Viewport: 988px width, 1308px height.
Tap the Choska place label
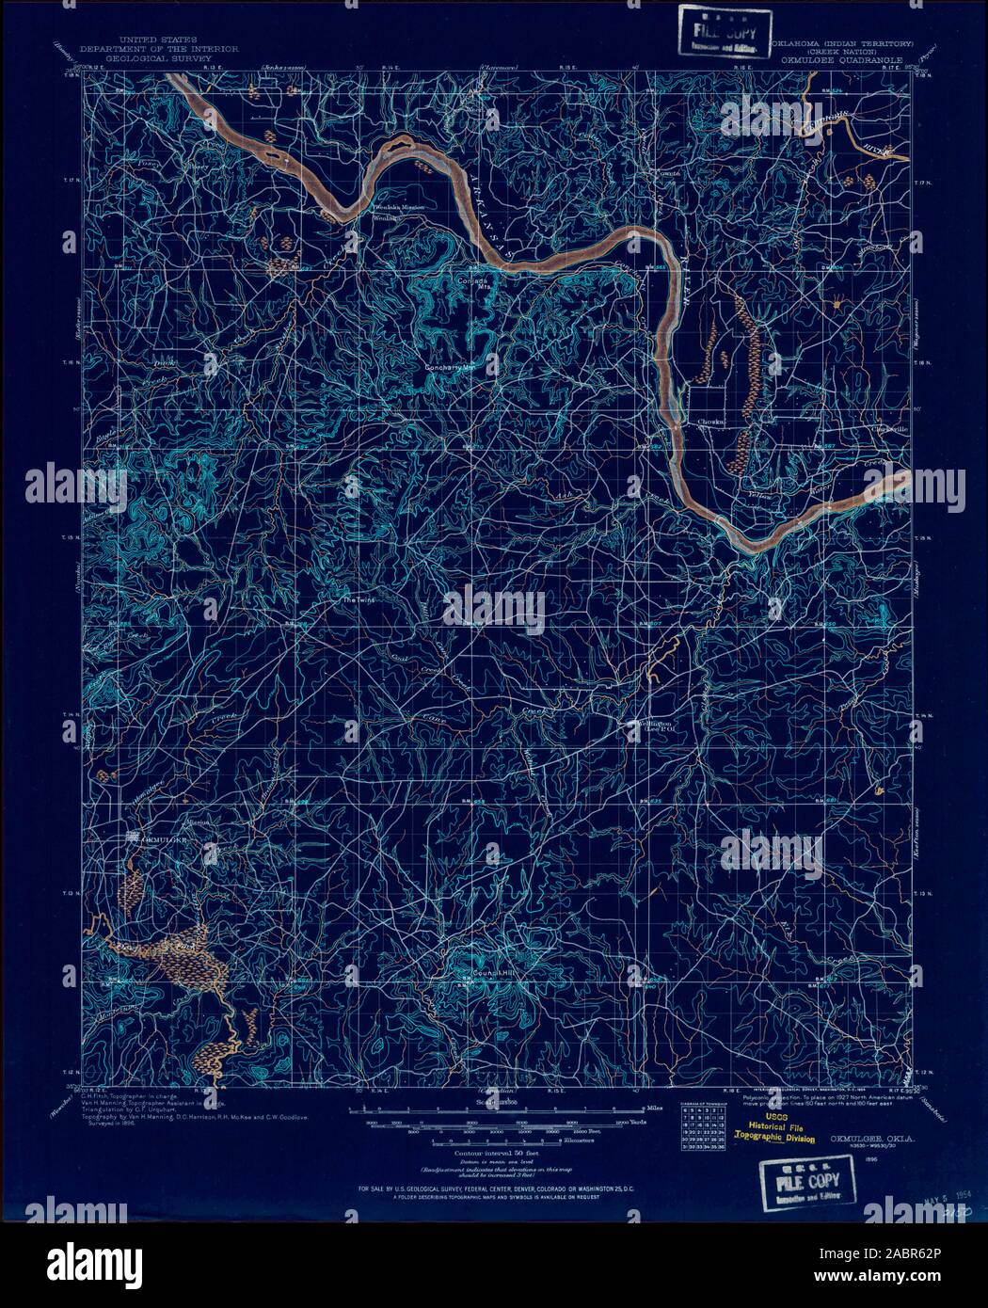(x=712, y=423)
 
